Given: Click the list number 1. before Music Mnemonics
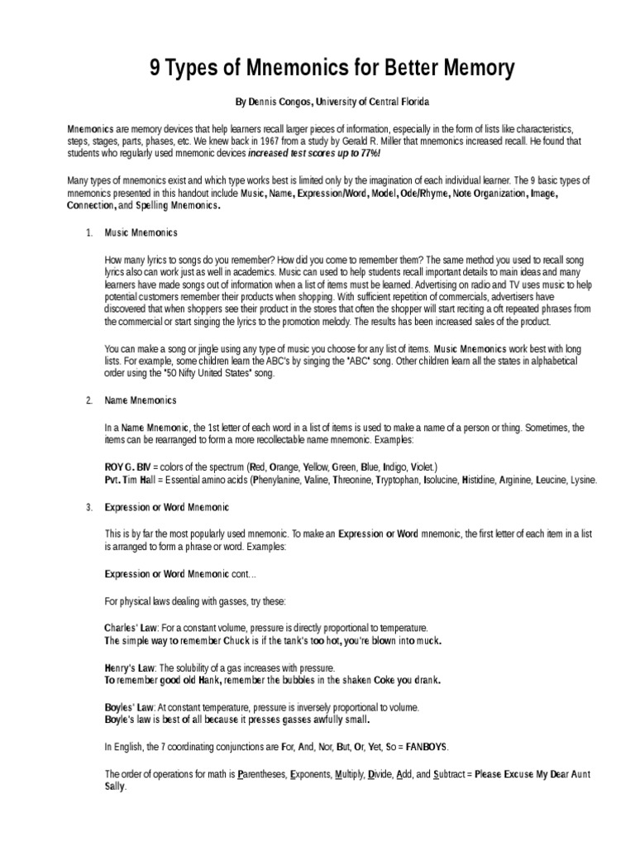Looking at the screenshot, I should tap(88, 233).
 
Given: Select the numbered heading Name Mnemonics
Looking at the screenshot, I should tap(141, 400).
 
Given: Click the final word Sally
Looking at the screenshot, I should tap(115, 787).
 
